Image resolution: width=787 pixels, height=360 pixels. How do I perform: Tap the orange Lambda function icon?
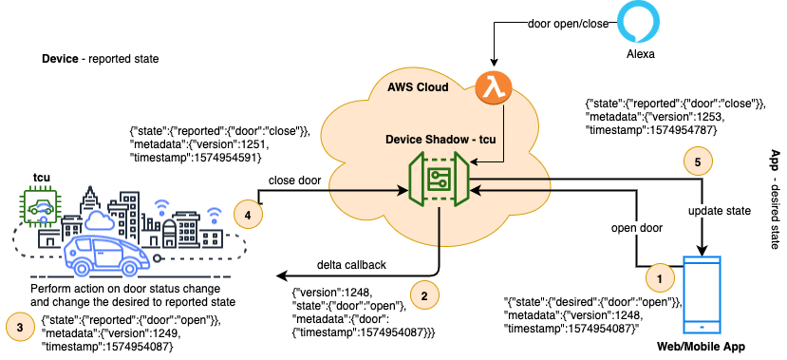[x=493, y=89]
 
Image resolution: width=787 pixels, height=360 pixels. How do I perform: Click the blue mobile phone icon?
[x=703, y=294]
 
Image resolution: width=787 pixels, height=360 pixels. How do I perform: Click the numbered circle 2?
[x=423, y=295]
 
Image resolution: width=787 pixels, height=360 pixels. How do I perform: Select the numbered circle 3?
[x=21, y=323]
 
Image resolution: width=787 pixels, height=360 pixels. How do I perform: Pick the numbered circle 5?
[x=698, y=162]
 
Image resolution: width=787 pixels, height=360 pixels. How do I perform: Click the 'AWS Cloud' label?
[x=419, y=87]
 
